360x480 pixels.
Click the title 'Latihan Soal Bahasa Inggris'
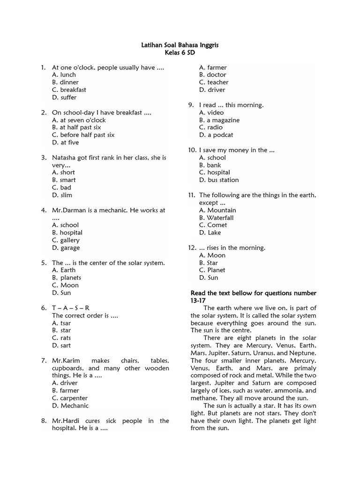(180, 45)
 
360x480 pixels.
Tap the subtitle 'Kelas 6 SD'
(180, 52)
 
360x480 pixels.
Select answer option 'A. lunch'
(64, 75)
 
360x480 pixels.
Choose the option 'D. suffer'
(65, 97)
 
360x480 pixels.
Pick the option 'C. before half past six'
(83, 135)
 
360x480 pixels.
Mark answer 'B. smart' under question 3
(64, 180)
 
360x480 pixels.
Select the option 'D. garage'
(66, 247)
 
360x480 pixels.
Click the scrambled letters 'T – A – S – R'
(70, 308)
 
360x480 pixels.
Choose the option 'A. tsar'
(62, 323)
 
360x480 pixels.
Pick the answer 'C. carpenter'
(70, 398)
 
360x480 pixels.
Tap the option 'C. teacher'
(214, 82)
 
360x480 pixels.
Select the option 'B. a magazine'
(219, 120)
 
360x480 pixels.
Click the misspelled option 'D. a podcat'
(216, 135)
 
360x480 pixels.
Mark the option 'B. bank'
(210, 165)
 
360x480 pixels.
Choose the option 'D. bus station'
(219, 180)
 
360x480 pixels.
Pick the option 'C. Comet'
(213, 225)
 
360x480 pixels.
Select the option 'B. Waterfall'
(216, 217)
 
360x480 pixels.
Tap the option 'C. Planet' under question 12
(212, 270)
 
